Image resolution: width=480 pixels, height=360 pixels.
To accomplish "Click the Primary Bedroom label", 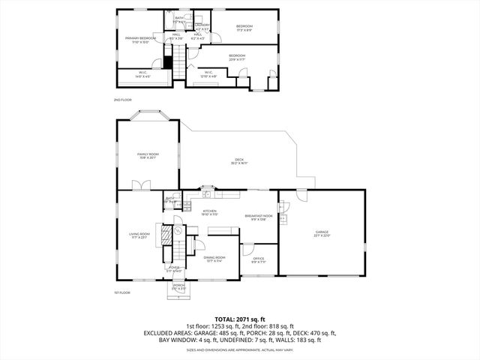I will [x=140, y=40].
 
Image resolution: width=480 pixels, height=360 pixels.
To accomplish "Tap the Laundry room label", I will [x=202, y=27].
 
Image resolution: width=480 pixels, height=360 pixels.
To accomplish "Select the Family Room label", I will [x=148, y=155].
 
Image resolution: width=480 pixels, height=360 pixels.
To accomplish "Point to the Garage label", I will [x=321, y=234].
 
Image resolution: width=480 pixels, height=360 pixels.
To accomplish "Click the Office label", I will [x=258, y=260].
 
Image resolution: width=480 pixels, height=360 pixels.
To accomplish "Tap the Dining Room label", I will [x=214, y=259].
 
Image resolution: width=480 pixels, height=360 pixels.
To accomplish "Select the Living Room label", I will [x=139, y=235].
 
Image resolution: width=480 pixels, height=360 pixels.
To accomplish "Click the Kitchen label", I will [x=210, y=212].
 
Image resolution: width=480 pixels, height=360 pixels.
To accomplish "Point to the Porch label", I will [x=178, y=286].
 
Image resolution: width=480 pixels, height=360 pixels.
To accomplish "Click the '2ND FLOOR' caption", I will [x=121, y=99].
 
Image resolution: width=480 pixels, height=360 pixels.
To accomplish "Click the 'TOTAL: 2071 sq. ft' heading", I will [x=240, y=319].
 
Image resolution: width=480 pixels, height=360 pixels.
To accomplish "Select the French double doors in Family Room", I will [x=137, y=185].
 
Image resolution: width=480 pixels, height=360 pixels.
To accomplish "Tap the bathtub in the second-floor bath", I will [x=180, y=16].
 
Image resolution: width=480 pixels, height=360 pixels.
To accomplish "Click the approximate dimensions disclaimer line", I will [x=240, y=349].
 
